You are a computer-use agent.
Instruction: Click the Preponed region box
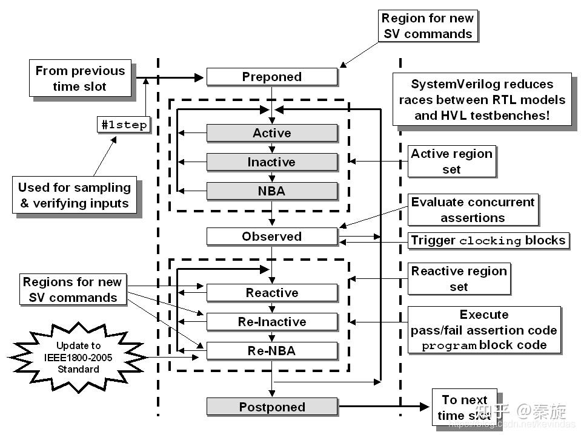point(271,77)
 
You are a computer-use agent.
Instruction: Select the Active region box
point(271,133)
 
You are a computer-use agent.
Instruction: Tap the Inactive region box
point(271,162)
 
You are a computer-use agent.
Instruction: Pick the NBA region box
point(271,191)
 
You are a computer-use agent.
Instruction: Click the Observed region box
point(271,237)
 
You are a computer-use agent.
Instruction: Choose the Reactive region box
point(271,293)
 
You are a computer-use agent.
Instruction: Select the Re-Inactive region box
point(271,322)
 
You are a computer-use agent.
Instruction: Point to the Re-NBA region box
point(271,351)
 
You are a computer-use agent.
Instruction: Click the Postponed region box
point(271,407)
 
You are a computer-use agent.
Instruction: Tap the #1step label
point(124,125)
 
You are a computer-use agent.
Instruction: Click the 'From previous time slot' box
point(80,79)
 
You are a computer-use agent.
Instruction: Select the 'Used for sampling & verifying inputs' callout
point(75,195)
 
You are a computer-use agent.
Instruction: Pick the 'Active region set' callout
point(451,162)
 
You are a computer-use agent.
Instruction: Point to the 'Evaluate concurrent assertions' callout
point(473,210)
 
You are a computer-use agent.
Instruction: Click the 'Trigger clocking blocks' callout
point(488,240)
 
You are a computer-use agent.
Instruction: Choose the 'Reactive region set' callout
point(459,279)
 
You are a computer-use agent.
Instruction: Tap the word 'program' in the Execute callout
point(449,347)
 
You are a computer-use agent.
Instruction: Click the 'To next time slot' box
point(464,408)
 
